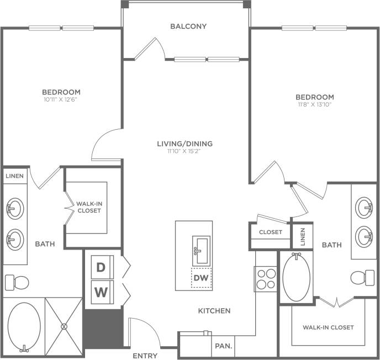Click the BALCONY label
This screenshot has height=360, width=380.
[x=188, y=26]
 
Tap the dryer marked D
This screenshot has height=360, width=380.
[x=101, y=268]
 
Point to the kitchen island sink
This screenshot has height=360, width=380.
[x=200, y=250]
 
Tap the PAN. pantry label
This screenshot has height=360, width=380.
[x=223, y=347]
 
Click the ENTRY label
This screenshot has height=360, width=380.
[x=145, y=356]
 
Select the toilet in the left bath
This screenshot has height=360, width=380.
[x=17, y=283]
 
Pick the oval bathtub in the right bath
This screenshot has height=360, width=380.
[x=297, y=277]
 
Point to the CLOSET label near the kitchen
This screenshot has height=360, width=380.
[x=271, y=232]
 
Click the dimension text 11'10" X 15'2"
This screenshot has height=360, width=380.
[x=184, y=151]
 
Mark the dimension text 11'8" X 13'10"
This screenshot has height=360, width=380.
[x=314, y=105]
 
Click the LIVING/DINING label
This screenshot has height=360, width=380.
[x=184, y=144]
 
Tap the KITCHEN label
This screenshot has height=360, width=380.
[x=214, y=311]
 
